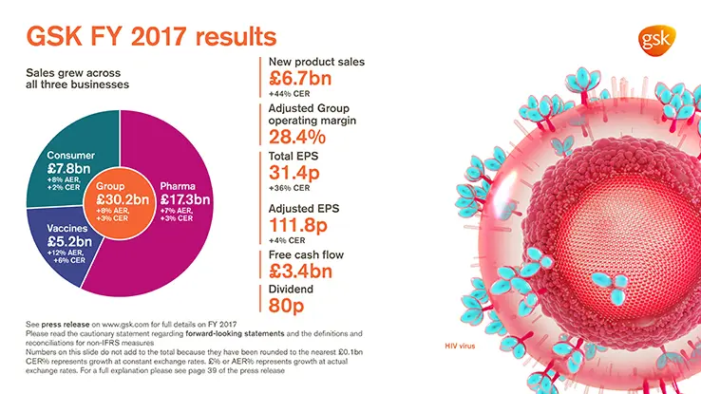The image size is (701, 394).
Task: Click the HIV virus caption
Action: click(461, 346)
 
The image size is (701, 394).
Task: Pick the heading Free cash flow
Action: click(304, 254)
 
